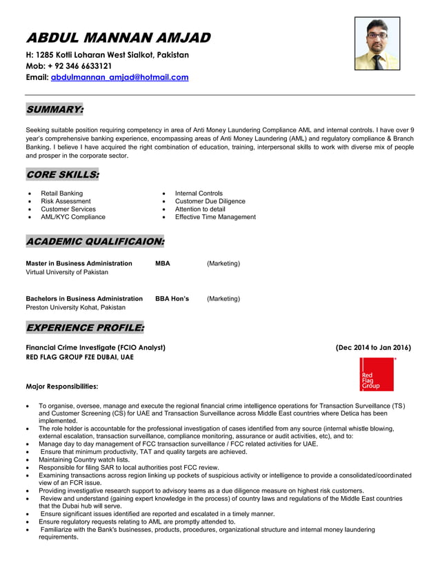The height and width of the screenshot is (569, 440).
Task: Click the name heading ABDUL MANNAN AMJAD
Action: click(x=118, y=37)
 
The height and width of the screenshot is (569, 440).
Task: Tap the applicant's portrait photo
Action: click(x=377, y=44)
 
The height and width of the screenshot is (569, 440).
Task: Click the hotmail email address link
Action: click(x=119, y=78)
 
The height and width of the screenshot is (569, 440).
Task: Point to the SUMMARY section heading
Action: click(x=54, y=110)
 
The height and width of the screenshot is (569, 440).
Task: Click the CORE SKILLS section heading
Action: click(x=62, y=175)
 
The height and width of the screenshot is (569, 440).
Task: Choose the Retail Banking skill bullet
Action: click(x=61, y=194)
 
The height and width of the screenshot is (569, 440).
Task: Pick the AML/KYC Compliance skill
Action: click(x=73, y=217)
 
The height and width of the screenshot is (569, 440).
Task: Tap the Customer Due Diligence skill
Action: click(x=210, y=201)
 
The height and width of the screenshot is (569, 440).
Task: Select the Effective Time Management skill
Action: click(x=215, y=217)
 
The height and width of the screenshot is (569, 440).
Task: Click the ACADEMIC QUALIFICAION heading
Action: click(x=95, y=242)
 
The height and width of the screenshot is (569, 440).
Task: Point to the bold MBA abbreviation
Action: click(x=163, y=264)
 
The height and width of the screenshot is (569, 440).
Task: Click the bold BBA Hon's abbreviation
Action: click(x=172, y=299)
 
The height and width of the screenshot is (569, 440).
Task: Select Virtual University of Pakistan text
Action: click(x=67, y=272)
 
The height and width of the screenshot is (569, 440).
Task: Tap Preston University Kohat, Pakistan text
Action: click(x=75, y=307)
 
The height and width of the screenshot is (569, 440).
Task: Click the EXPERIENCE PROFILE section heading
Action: click(x=85, y=327)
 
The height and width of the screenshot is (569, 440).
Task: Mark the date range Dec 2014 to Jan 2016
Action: click(x=373, y=348)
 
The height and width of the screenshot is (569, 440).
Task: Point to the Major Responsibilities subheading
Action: click(x=61, y=386)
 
